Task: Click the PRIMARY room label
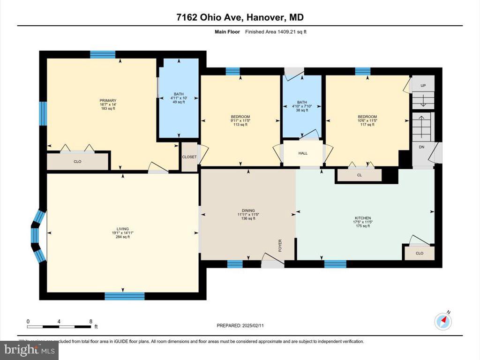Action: tap(107, 100)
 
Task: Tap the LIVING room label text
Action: tap(123, 229)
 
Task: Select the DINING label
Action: tap(248, 210)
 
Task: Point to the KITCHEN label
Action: tap(362, 218)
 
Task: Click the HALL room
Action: tap(303, 153)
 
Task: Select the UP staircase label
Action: tap(423, 86)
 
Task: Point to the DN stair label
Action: tap(421, 147)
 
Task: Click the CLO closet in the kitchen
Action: tap(420, 253)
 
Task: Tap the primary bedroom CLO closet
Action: tap(78, 161)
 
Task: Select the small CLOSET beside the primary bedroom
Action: tap(189, 157)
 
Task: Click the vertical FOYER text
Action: tap(280, 245)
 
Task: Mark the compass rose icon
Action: tap(443, 320)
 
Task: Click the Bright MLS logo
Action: tap(29, 350)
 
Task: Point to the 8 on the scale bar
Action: tap(90, 322)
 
